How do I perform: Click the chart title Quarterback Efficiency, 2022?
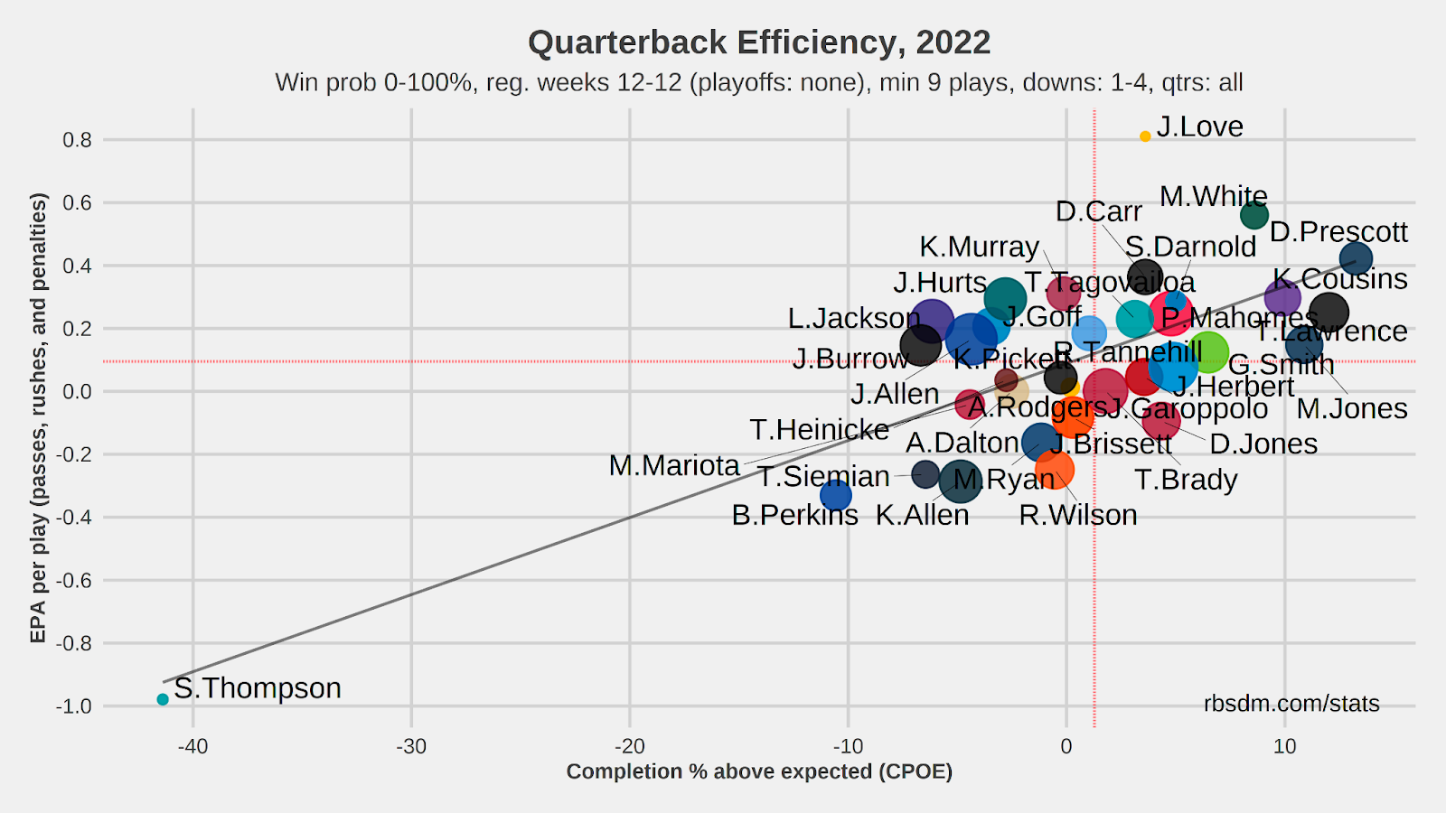(x=759, y=42)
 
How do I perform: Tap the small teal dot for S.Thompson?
(x=163, y=699)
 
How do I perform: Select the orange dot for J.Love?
(x=1145, y=136)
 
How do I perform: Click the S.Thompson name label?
(x=258, y=688)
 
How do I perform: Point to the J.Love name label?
(x=1199, y=127)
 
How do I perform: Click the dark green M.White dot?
(x=1254, y=215)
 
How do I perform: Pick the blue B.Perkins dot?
(x=836, y=495)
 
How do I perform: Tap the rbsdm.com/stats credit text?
(x=1291, y=704)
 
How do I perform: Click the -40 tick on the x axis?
(x=192, y=746)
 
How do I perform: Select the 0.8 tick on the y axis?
(x=77, y=140)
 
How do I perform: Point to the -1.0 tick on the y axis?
(x=74, y=706)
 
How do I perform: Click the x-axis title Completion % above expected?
(x=759, y=771)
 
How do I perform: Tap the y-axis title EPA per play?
(x=38, y=417)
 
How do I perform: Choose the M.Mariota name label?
(x=674, y=465)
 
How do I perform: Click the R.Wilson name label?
(x=1077, y=515)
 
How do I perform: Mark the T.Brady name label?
(x=1186, y=480)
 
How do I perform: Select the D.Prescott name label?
(x=1338, y=232)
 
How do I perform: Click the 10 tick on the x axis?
(x=1284, y=746)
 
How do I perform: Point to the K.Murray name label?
(x=979, y=247)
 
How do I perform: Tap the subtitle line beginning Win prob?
(x=759, y=83)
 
